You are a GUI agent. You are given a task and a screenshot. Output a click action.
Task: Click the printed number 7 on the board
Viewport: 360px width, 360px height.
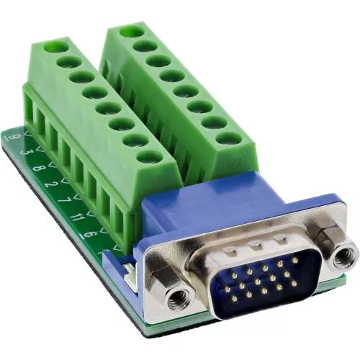tap(61, 197)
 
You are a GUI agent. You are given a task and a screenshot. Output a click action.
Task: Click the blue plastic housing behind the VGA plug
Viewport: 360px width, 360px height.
tap(216, 209)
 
